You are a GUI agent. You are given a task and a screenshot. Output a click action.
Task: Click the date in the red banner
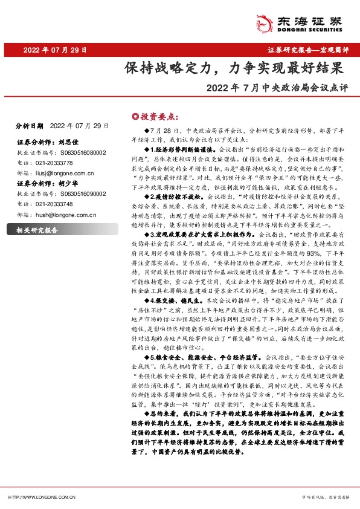click(55, 50)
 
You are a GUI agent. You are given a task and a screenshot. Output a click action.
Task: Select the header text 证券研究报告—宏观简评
click(312, 50)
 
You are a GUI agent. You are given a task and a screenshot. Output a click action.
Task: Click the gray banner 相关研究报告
click(37, 230)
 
